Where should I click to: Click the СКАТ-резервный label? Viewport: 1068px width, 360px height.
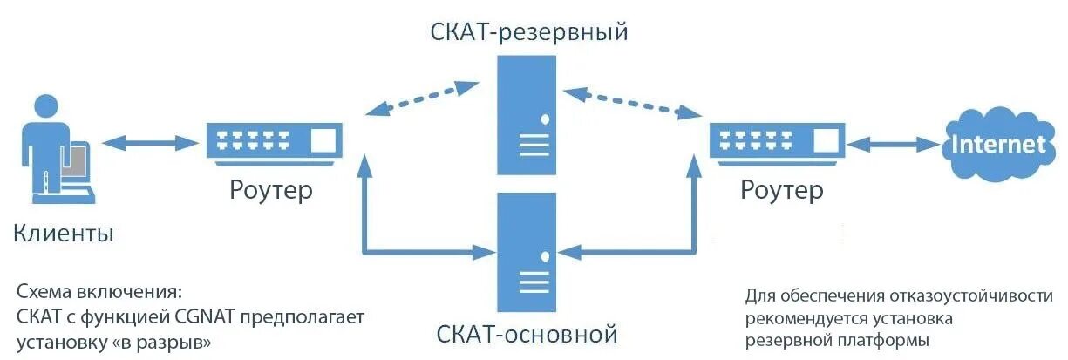[x=529, y=33]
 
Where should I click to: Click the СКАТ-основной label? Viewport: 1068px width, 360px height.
[x=527, y=334]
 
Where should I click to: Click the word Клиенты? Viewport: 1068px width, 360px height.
[x=64, y=234]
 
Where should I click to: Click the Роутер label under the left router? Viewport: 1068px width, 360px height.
[x=271, y=190]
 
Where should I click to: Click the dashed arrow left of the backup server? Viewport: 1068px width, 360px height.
[x=422, y=98]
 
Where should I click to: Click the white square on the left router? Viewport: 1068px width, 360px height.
[x=323, y=140]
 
